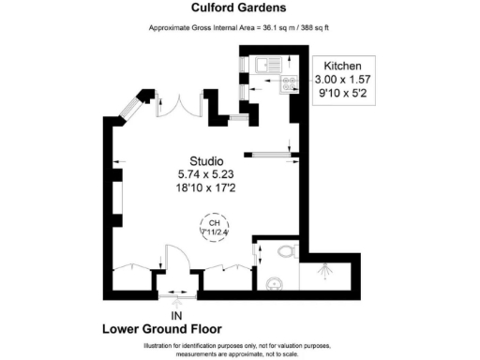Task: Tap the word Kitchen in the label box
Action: pos(344,67)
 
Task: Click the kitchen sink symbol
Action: pos(263,66)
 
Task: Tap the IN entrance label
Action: pos(175,314)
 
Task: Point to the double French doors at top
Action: pos(178,105)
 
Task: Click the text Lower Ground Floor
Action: pos(160,330)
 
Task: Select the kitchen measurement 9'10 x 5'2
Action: pos(344,96)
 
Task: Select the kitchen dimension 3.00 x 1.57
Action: pos(344,82)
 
